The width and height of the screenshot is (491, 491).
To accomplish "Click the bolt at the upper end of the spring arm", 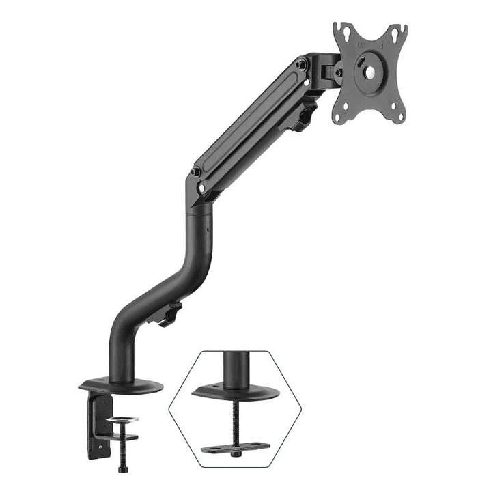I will [301, 65].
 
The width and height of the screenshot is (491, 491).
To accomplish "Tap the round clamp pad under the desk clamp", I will [122, 420].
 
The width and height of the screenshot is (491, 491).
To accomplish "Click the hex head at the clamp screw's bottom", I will [123, 469].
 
